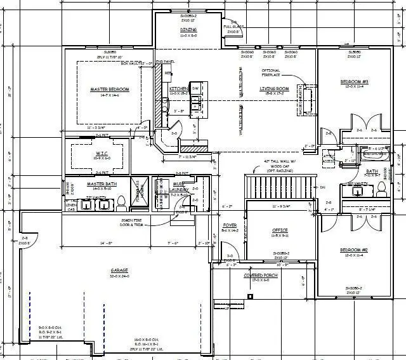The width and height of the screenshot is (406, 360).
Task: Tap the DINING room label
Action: [188, 30]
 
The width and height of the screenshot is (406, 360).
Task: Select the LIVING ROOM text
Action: [274, 88]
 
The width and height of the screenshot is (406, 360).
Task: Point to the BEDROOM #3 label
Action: [355, 83]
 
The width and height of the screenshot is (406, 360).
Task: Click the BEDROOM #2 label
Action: [355, 250]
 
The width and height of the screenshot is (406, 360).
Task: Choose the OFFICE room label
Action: [280, 230]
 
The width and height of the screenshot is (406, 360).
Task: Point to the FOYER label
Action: [230, 225]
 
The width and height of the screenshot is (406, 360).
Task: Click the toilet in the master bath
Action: [121, 201]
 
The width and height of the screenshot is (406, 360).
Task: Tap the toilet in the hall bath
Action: [382, 188]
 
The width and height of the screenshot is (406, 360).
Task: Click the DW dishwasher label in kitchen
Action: [196, 88]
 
